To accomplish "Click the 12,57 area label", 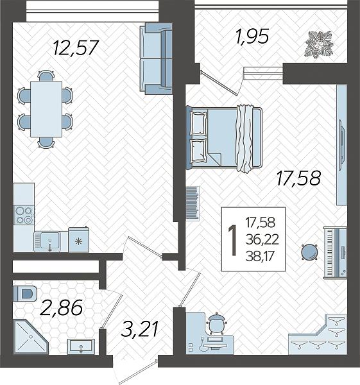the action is [x=76, y=47].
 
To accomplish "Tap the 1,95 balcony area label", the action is [x=252, y=37].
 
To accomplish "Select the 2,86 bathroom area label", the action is [x=61, y=307].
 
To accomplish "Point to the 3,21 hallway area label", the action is [x=139, y=329].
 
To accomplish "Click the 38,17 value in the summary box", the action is [x=260, y=257].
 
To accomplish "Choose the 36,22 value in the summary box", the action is [x=262, y=239].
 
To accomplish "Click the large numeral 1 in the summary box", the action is [x=232, y=241].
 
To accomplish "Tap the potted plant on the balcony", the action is [x=320, y=44].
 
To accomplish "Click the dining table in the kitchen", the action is [x=46, y=109].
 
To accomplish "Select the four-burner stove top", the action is [x=24, y=216].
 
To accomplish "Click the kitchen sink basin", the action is [x=50, y=241].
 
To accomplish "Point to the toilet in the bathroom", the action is [x=25, y=294].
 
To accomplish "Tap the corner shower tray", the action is [x=30, y=337].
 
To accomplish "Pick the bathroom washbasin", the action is [x=81, y=346].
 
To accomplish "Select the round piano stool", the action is [x=310, y=252].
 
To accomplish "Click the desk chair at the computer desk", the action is [x=217, y=323].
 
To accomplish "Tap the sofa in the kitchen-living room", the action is [x=156, y=59].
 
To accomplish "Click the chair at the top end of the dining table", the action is [x=46, y=75].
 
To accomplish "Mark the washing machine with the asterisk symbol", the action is [x=78, y=240].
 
